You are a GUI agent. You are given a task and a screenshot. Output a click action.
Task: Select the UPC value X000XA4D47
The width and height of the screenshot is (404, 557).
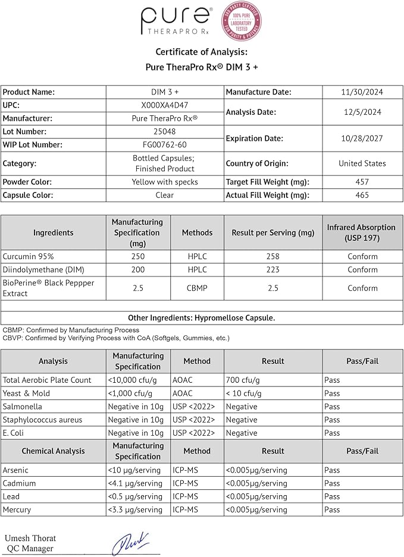click(164, 105)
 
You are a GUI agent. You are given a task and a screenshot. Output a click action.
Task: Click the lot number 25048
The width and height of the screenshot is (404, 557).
click(164, 131)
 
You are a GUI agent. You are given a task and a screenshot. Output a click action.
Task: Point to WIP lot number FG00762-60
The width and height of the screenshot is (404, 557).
click(164, 144)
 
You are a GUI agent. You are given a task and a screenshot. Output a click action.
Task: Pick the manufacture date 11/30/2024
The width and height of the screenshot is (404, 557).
click(362, 92)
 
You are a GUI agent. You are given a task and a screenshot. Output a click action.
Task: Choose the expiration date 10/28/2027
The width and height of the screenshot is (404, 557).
click(362, 138)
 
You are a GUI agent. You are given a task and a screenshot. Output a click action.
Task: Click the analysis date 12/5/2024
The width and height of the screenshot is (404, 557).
click(362, 112)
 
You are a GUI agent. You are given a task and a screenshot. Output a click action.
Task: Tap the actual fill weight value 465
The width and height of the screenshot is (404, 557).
click(362, 195)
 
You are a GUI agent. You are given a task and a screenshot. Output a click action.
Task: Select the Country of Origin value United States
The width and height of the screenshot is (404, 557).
click(362, 163)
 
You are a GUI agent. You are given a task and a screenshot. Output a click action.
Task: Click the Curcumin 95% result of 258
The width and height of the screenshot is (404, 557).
click(273, 256)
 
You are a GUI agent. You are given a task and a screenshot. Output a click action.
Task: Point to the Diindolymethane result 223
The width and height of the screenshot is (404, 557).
click(273, 269)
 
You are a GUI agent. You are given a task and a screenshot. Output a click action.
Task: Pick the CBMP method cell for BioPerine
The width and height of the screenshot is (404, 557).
click(197, 288)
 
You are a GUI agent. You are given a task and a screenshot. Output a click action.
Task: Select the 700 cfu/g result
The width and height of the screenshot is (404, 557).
click(244, 380)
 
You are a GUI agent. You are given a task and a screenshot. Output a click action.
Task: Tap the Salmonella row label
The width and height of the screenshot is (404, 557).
click(23, 407)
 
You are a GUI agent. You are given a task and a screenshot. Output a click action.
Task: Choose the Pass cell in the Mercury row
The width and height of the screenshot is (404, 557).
click(332, 509)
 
